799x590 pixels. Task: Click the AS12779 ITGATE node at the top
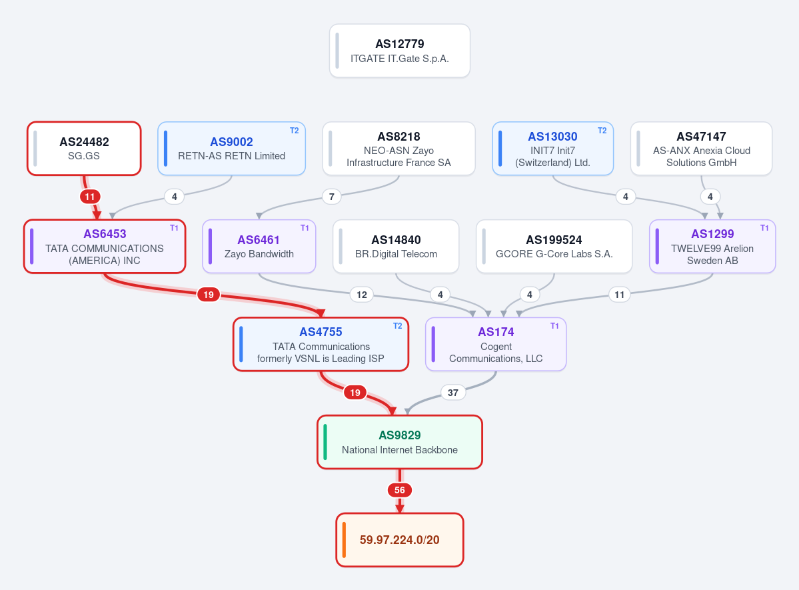tap(400, 51)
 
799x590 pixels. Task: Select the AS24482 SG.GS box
tap(84, 149)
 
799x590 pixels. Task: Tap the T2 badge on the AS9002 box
tap(294, 131)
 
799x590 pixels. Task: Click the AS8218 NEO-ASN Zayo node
tap(399, 149)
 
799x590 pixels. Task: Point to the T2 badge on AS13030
tap(602, 131)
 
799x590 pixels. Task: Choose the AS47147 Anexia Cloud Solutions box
tap(701, 149)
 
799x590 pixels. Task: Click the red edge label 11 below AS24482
tap(90, 196)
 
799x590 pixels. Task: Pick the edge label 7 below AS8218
tap(332, 196)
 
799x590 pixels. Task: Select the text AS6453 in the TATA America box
tap(105, 233)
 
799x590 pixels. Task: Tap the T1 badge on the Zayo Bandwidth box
tap(305, 228)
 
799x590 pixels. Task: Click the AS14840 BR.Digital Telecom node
tap(396, 246)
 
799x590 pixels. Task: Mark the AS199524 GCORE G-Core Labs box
tap(554, 246)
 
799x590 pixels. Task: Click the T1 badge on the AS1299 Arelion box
tap(764, 228)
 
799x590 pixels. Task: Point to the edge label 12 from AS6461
tap(362, 294)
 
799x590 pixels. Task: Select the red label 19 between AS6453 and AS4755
tap(209, 294)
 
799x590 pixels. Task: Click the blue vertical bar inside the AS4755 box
tap(241, 344)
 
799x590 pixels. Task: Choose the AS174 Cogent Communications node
tap(496, 344)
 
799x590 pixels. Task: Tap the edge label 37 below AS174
tap(453, 392)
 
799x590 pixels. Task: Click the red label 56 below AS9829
tap(400, 490)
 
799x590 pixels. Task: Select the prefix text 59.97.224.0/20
tap(400, 539)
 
